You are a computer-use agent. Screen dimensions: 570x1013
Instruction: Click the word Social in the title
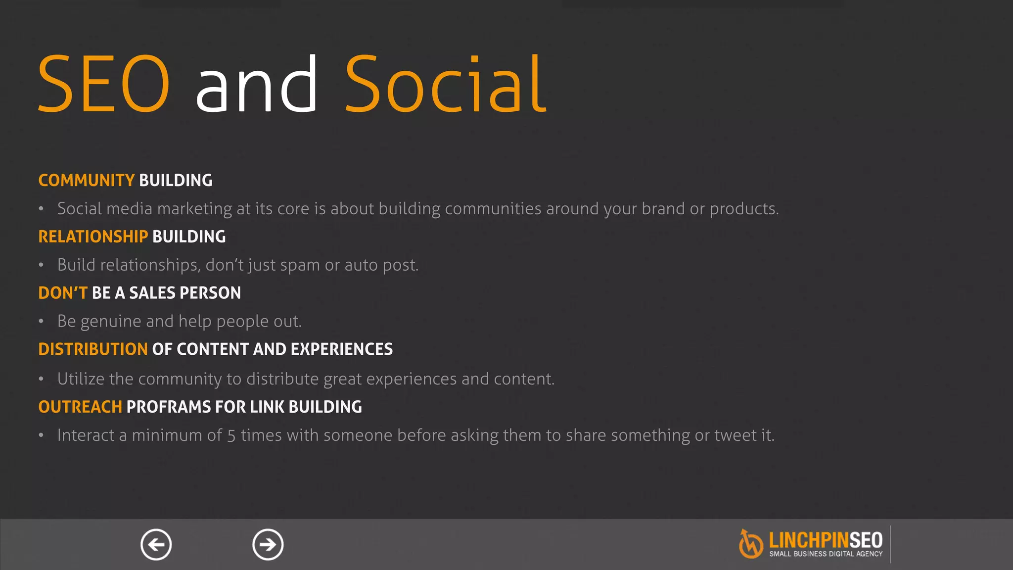[445, 84]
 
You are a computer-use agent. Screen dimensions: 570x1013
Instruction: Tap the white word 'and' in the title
[256, 84]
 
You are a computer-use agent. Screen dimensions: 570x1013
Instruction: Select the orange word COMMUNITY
[86, 181]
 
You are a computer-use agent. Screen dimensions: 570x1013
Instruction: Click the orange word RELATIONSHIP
[93, 237]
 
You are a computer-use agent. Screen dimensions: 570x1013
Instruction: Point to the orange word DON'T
[63, 293]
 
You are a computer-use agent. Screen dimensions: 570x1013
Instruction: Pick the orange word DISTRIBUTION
[93, 349]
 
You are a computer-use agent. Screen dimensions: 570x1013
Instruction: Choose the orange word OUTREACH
[80, 407]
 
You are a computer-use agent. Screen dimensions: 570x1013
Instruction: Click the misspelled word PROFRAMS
[169, 407]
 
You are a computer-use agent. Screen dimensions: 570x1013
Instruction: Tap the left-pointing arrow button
[156, 545]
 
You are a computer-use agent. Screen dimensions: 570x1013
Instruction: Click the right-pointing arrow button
[268, 545]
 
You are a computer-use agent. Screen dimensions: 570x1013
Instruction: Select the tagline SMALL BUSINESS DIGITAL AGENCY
[826, 554]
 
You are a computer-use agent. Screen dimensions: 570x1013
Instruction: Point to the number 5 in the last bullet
[231, 436]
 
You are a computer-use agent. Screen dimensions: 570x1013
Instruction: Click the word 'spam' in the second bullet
[300, 266]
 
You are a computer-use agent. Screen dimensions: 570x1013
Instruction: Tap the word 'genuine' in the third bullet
[110, 322]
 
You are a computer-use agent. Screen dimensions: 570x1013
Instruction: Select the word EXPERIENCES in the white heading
[341, 349]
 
